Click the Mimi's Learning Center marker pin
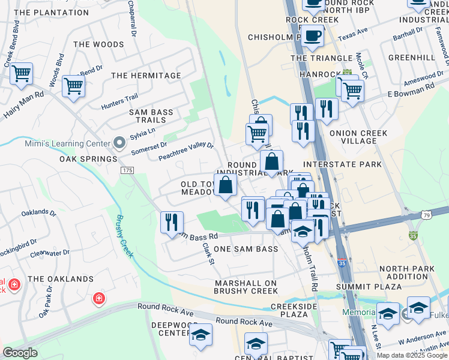[119, 143]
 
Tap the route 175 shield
[127, 171]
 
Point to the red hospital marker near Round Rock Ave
[98, 298]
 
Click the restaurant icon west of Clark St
[172, 222]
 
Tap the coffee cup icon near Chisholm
[312, 37]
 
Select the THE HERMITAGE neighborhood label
[146, 76]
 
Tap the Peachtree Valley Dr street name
[186, 151]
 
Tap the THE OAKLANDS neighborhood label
[61, 279]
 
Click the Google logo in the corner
[20, 353]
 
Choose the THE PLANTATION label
[51, 12]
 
